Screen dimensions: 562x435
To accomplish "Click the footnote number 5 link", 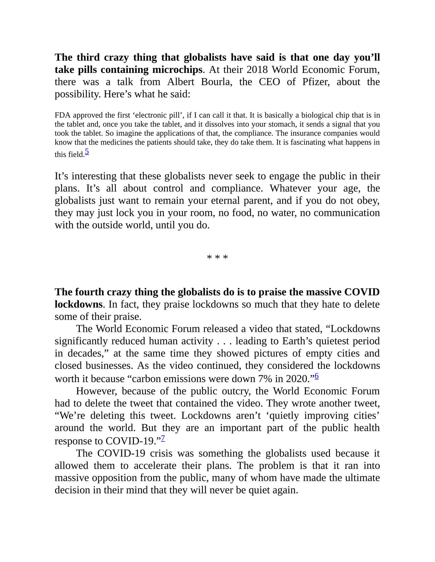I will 87,152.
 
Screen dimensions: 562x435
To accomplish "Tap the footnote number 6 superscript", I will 317,376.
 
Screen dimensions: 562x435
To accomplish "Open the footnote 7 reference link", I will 163,438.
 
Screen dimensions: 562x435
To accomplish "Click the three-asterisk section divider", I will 217,258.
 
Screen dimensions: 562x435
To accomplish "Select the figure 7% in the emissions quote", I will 265,379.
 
